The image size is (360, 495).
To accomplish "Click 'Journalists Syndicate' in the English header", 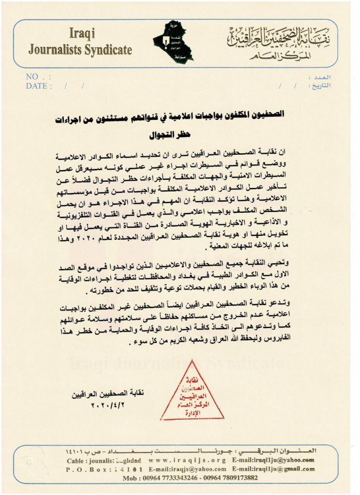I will [80, 49].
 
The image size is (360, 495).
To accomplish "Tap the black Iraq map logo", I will [172, 42].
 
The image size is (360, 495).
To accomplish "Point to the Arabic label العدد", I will [320, 77].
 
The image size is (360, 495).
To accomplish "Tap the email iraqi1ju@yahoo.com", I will [273, 460].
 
